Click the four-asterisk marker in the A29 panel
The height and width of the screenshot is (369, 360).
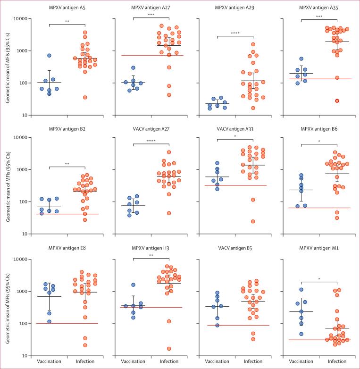(234, 34)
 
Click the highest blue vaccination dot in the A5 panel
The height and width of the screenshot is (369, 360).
(49, 56)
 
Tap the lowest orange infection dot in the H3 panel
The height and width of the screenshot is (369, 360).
(169, 349)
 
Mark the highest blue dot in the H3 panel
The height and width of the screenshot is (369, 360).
(134, 285)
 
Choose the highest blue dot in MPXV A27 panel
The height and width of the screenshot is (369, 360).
(134, 68)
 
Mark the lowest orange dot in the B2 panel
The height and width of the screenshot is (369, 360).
(85, 220)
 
